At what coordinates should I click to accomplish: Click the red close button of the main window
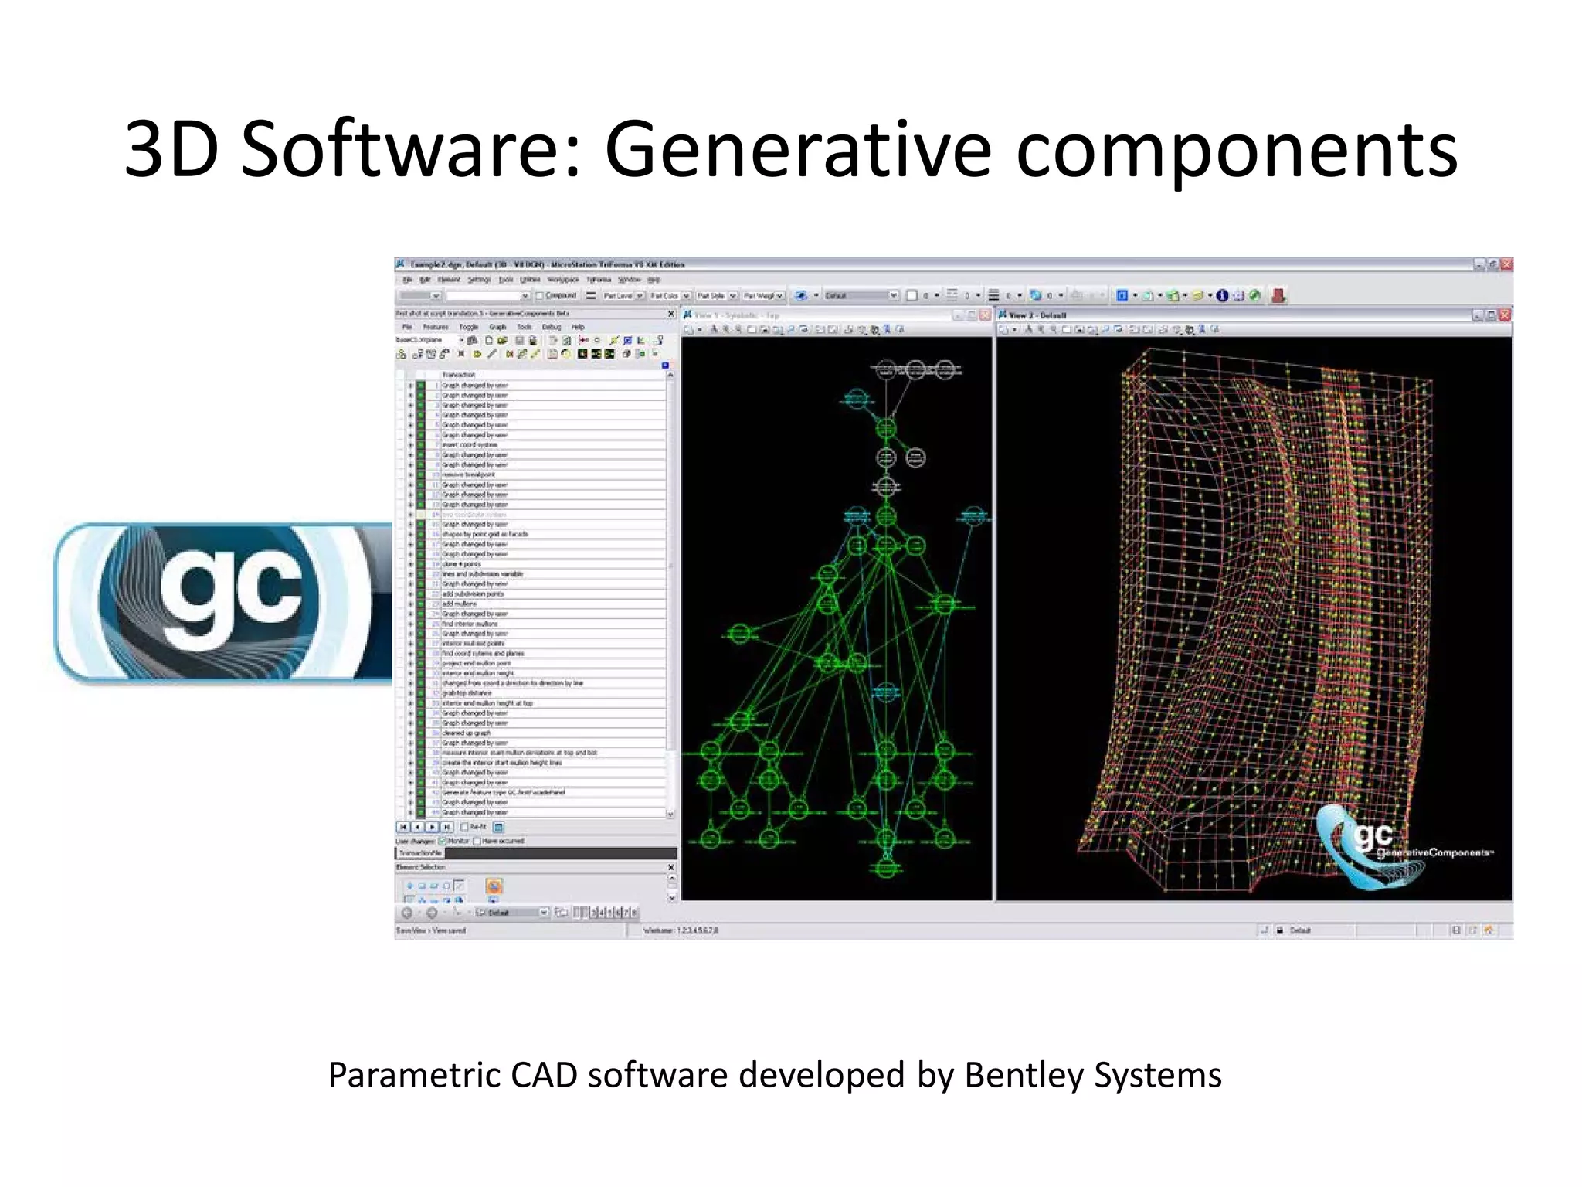1506,264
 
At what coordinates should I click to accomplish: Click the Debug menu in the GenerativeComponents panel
551,327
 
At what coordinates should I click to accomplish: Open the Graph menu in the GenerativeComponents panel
497,327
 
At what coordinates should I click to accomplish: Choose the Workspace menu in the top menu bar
563,280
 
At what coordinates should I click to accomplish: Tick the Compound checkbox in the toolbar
540,295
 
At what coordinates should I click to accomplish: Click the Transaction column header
459,375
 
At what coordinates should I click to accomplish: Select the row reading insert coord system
470,445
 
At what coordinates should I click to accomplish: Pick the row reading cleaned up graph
467,733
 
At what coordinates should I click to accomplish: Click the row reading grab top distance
467,693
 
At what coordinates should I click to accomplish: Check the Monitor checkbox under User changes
443,841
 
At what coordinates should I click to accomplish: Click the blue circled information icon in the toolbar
1222,295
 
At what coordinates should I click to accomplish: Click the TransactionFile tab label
421,853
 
